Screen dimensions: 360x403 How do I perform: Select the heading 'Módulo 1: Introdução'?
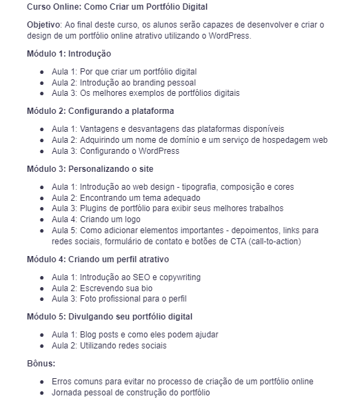tap(69, 53)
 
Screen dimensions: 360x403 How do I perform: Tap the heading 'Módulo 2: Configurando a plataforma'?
tap(100, 110)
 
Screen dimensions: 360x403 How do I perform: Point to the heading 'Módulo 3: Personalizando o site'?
tap(90, 168)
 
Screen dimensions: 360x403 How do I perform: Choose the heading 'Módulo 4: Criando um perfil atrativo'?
tap(98, 259)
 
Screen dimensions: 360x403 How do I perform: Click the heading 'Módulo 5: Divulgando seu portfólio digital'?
tap(110, 317)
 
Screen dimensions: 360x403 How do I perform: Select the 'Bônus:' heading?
tap(41, 363)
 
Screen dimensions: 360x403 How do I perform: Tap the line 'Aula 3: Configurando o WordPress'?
tap(115, 151)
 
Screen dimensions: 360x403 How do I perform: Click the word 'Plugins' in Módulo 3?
tap(96, 208)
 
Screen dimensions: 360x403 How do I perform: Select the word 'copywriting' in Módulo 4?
tap(178, 277)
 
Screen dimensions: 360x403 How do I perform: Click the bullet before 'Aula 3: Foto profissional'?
tap(42, 299)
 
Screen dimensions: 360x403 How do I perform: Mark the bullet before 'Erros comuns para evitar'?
tap(42, 382)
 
